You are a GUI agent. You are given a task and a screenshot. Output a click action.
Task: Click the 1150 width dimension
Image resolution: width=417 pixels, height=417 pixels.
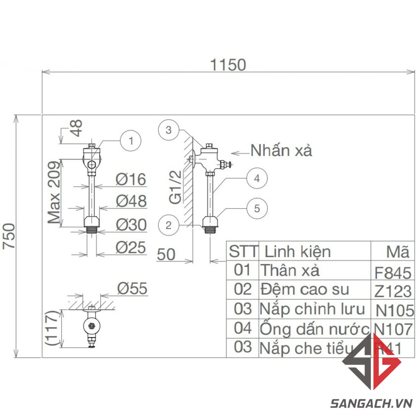click(228, 65)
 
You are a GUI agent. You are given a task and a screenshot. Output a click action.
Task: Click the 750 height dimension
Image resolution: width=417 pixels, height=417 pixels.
click(9, 236)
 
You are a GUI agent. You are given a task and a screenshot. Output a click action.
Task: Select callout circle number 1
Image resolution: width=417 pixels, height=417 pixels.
click(130, 141)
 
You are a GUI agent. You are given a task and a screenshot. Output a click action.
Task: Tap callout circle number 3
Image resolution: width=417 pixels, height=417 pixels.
click(169, 130)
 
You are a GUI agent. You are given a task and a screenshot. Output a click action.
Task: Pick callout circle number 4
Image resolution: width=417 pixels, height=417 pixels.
click(257, 178)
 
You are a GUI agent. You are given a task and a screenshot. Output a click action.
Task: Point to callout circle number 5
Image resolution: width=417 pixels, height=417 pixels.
click(257, 208)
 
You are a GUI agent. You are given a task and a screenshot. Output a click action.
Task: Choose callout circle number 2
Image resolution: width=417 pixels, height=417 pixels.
click(169, 225)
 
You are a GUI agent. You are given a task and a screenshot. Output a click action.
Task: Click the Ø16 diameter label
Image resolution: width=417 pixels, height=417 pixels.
click(131, 179)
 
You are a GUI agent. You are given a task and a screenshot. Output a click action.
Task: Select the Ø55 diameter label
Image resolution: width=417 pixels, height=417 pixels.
click(132, 289)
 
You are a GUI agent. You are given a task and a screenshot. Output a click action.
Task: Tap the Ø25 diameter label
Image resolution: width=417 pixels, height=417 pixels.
click(131, 248)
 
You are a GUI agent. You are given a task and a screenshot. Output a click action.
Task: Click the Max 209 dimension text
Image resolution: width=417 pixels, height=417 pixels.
click(54, 192)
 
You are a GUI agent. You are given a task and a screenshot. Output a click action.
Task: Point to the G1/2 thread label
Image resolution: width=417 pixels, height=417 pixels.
click(175, 187)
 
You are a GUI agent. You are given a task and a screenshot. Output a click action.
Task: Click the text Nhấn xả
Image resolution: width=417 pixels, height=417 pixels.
click(282, 151)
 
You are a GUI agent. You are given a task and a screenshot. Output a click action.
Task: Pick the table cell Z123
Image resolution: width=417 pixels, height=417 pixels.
click(393, 292)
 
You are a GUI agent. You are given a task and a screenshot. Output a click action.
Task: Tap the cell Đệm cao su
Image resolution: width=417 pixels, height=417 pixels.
click(305, 290)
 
